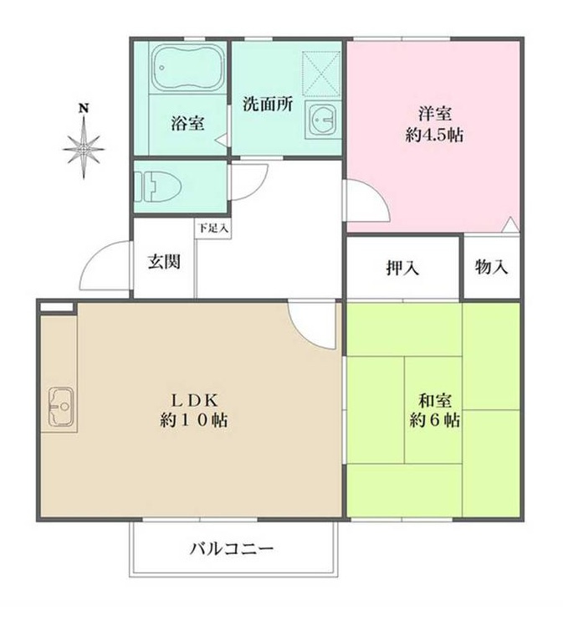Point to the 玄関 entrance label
(x=163, y=261)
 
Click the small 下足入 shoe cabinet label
(x=212, y=227)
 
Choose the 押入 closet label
(x=402, y=268)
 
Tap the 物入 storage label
(x=491, y=268)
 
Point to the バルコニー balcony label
(x=232, y=550)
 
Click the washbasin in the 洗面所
(x=320, y=121)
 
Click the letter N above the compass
(x=84, y=108)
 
